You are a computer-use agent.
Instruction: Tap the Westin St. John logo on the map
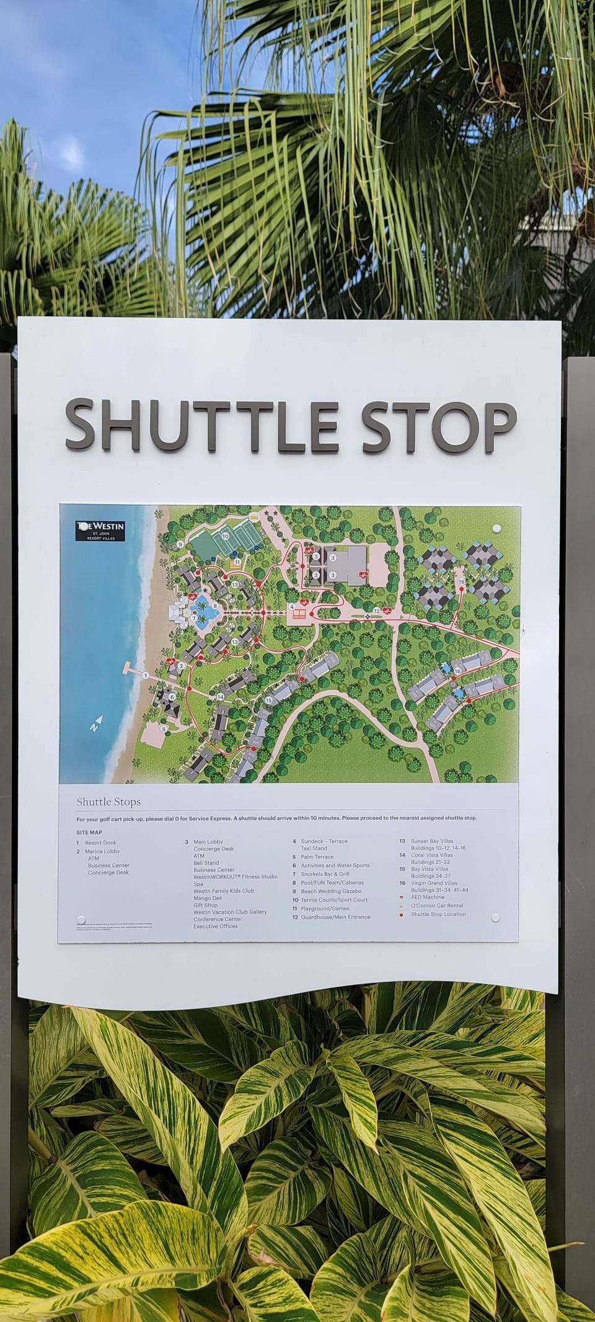100,531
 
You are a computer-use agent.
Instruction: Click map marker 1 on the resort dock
145,674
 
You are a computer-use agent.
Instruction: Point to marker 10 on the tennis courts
226,536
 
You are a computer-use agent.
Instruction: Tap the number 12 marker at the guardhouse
376,610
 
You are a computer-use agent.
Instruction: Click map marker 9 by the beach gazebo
180,544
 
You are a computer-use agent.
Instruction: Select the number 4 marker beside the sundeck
291,606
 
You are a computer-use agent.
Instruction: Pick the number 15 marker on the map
268,700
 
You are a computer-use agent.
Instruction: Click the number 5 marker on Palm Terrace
164,729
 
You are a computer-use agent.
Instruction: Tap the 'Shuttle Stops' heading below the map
108,801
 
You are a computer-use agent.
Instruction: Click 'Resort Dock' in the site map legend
100,843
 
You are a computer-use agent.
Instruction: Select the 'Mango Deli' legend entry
208,898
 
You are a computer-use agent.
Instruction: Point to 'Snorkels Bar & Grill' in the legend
325,874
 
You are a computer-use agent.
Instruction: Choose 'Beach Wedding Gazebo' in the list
331,891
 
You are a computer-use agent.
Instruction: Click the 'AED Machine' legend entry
428,897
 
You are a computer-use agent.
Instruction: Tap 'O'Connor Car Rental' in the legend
436,906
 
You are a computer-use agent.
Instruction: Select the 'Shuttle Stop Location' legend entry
438,914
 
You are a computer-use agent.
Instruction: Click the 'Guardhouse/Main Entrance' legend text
335,917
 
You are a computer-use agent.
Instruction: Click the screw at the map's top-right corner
496,529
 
